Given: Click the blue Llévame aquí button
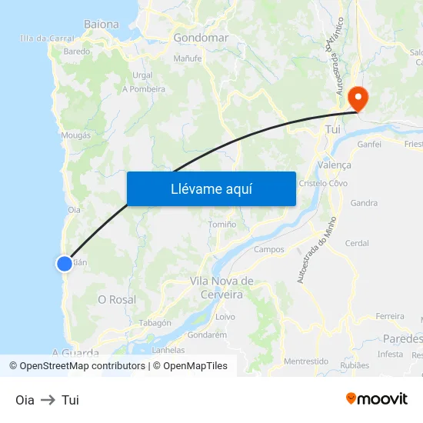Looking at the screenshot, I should tap(211, 188).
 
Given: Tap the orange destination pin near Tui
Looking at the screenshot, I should tap(358, 98).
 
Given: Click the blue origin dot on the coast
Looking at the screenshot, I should tap(65, 264).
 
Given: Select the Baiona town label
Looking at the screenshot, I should tap(102, 24).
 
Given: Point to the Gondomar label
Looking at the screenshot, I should tap(201, 37).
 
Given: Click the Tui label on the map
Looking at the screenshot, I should tap(333, 130).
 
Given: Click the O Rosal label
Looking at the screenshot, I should tap(117, 299).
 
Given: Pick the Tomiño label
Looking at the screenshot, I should tap(223, 224).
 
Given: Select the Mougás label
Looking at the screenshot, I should tap(75, 135).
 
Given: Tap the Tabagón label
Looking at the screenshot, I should tap(155, 323).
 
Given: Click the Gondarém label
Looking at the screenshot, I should tap(207, 335).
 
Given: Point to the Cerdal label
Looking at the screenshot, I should tap(357, 243).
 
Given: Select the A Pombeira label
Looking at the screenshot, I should tap(144, 88).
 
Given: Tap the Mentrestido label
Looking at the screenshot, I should tap(306, 361).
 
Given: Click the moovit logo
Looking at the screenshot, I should tap(377, 398).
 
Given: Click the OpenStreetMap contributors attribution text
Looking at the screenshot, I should tap(82, 366).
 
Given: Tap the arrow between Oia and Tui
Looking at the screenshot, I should tap(48, 400).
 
